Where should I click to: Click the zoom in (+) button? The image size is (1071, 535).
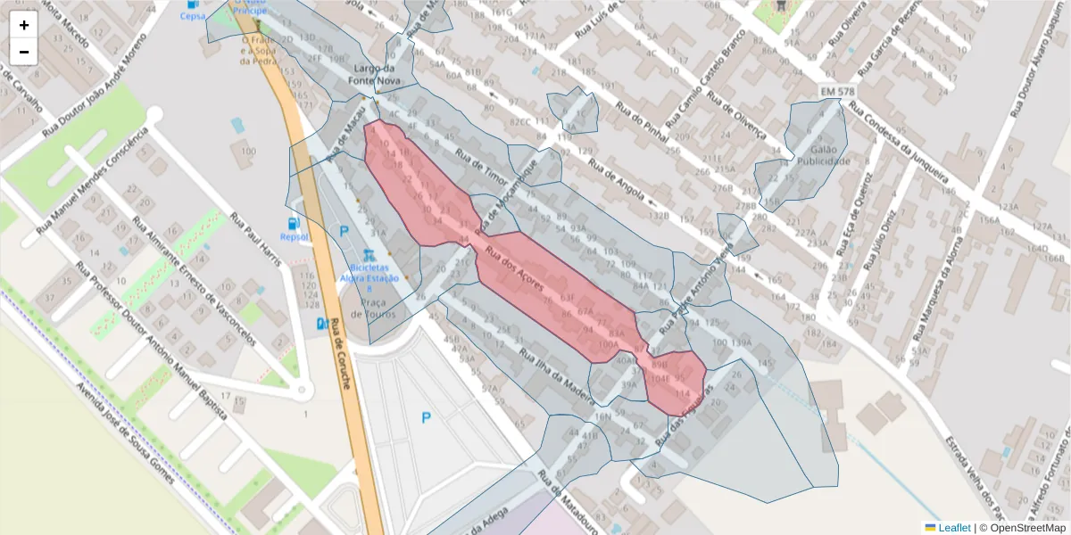(24, 25)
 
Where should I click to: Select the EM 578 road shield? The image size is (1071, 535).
(837, 93)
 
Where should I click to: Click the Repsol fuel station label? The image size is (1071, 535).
(294, 236)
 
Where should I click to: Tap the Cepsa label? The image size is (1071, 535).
(192, 16)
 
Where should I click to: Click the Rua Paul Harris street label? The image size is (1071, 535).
(255, 241)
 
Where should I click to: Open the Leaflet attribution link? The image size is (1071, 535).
(953, 528)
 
